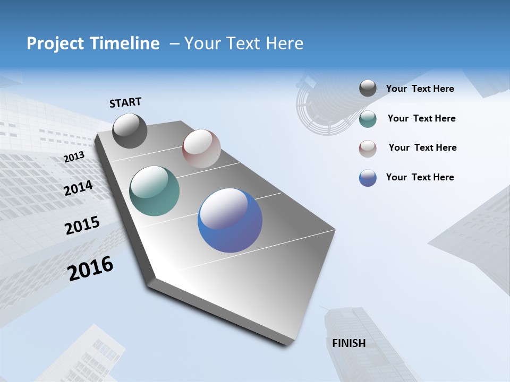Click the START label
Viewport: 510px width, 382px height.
[x=125, y=102]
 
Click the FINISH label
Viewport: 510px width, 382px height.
[x=348, y=343]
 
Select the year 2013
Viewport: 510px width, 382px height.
[x=74, y=157]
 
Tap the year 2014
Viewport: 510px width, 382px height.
[x=78, y=188]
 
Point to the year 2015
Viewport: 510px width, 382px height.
[x=82, y=225]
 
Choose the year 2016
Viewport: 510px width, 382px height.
[x=90, y=268]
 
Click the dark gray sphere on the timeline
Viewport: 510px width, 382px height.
[x=130, y=131]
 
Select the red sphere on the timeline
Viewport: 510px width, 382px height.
[x=201, y=148]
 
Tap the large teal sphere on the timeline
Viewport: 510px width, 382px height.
[x=154, y=191]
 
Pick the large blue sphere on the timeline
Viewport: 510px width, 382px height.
[x=229, y=220]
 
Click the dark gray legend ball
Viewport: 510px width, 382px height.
[x=368, y=89]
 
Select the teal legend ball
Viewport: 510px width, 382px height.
[x=368, y=119]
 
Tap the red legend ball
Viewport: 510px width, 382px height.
[x=368, y=149]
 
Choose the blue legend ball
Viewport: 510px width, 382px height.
[x=368, y=178]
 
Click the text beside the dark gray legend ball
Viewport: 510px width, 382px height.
[x=420, y=89]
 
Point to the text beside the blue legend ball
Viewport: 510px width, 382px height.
[x=420, y=177]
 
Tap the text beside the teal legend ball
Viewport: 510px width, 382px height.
[x=421, y=118]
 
